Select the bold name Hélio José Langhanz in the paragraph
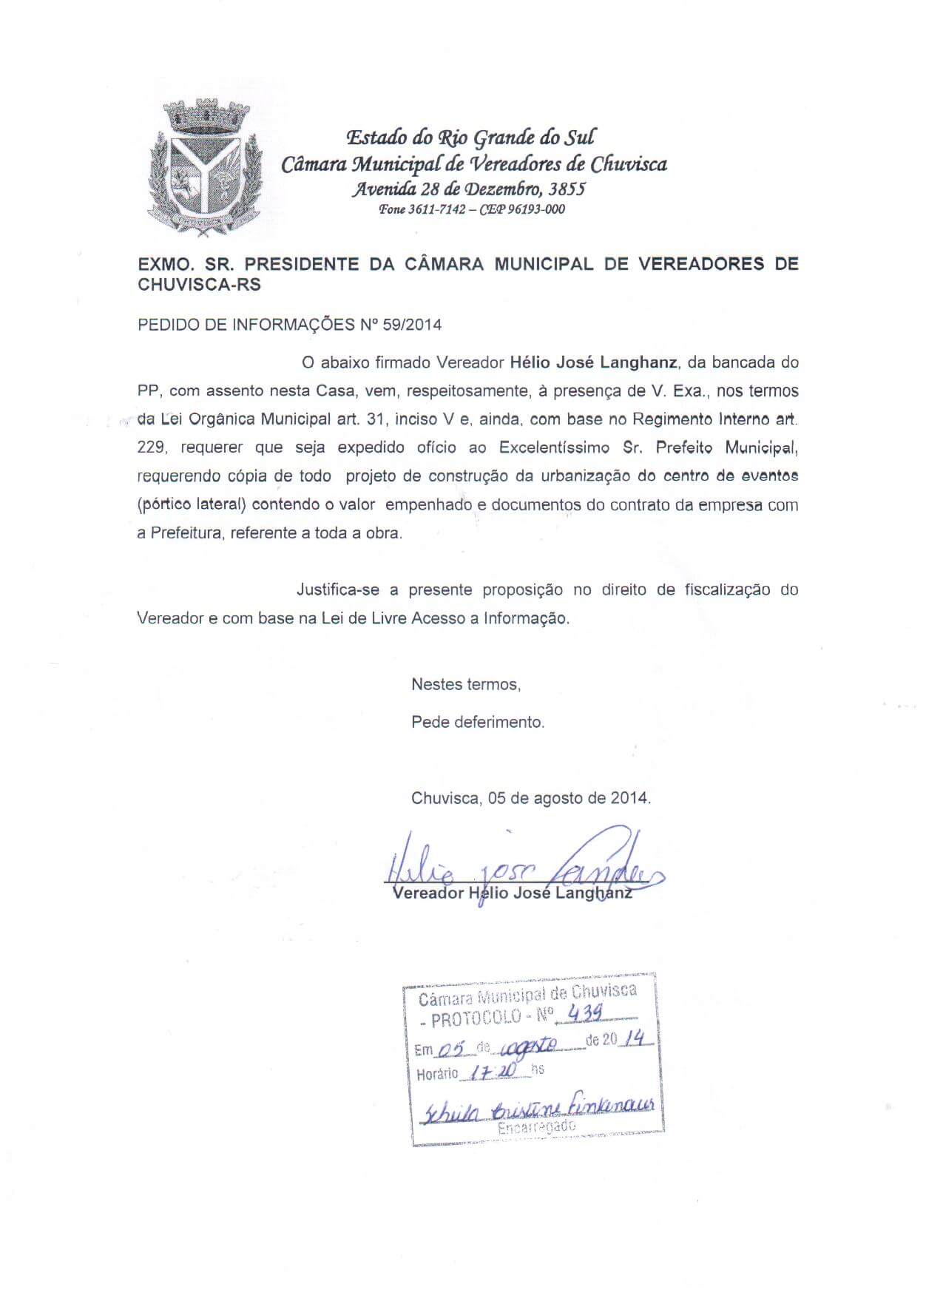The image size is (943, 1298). (594, 362)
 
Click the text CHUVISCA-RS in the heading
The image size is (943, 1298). (200, 285)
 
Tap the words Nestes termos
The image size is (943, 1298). (466, 684)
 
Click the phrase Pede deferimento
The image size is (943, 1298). (478, 722)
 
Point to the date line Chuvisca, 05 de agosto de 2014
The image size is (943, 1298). (531, 799)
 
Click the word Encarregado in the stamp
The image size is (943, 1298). (536, 1128)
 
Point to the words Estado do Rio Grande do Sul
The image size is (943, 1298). (471, 138)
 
